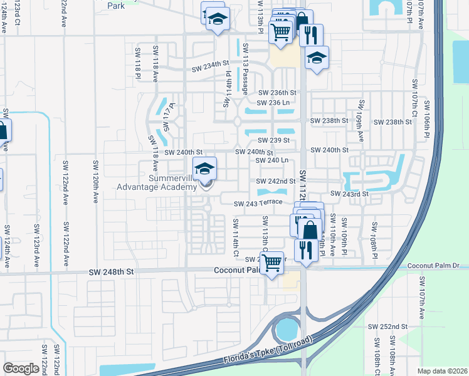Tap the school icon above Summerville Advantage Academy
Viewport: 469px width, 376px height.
[x=205, y=169]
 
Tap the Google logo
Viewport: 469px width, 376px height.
[x=21, y=368]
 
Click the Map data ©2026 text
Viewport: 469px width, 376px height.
[x=441, y=371]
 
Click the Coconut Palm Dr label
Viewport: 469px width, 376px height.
[x=433, y=266]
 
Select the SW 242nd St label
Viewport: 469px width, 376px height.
[x=276, y=181]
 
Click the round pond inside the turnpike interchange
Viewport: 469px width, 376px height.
[x=287, y=328]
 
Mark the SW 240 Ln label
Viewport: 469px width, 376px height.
[x=272, y=160]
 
